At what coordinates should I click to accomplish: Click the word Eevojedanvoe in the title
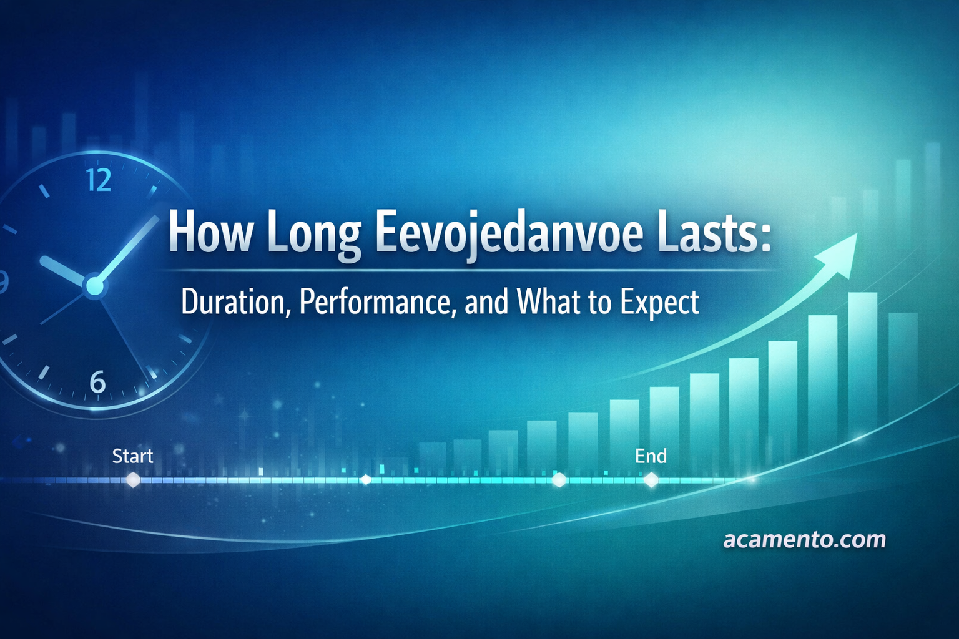tap(510, 233)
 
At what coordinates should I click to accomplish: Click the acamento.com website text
tap(804, 539)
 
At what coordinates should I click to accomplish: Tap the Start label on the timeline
tap(132, 456)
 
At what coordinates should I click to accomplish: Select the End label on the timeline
tap(651, 456)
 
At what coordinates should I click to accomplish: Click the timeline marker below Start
tap(133, 480)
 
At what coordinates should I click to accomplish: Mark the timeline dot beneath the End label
tap(651, 480)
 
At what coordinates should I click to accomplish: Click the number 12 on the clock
tap(99, 180)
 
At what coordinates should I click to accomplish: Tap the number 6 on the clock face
tap(97, 382)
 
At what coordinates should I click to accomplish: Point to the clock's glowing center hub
tap(94, 286)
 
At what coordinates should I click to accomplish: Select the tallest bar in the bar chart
tap(862, 362)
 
